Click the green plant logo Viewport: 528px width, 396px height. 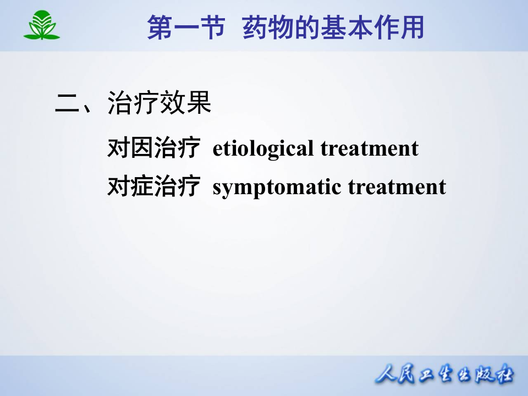pos(41,25)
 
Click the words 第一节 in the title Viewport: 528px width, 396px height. pos(186,28)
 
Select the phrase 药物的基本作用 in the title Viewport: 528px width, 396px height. pos(333,28)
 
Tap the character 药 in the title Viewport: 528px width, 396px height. pos(255,28)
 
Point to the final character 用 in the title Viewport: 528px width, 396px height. pos(412,28)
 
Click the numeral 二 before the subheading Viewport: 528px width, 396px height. pos(68,104)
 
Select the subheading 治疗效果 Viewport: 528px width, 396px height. pos(159,103)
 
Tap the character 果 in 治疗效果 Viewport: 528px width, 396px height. pos(199,103)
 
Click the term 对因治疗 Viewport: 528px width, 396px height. pos(153,148)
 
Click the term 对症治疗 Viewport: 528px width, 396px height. pos(153,187)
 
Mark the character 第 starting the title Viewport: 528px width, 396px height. pos(160,28)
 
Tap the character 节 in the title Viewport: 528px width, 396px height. pos(212,28)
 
